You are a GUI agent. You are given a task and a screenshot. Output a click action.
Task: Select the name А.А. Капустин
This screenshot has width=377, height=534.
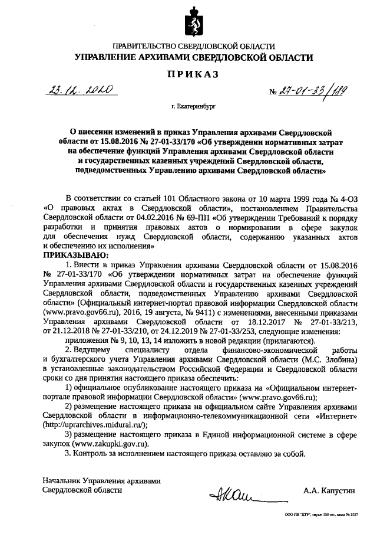click(330, 490)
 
